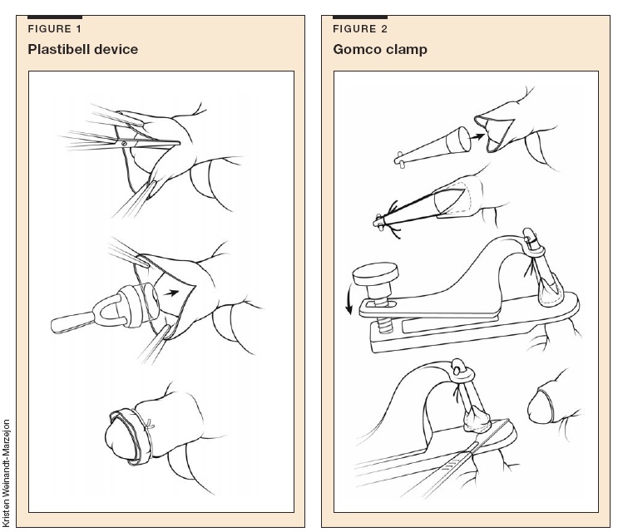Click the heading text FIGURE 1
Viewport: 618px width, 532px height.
point(54,29)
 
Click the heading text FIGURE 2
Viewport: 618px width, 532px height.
point(360,29)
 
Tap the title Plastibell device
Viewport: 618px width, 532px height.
point(83,49)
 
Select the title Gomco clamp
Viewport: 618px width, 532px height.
point(380,49)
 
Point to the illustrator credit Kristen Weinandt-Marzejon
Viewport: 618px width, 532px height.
point(6,473)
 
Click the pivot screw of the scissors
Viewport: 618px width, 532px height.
point(124,143)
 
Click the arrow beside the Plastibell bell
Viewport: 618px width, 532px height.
point(171,293)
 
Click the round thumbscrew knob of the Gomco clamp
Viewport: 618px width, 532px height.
point(376,274)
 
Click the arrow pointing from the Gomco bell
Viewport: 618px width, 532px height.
point(477,137)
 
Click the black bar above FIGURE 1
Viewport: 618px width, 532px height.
point(55,17)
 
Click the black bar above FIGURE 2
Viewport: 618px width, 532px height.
point(360,17)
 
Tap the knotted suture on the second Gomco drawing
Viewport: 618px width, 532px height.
point(389,220)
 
